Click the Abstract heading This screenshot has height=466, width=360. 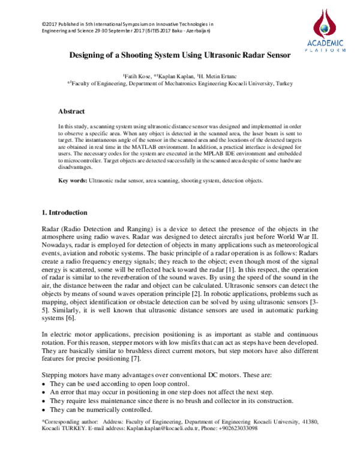click(71, 112)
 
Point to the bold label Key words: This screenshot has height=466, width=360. click(73, 180)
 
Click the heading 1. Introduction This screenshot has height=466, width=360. click(64, 213)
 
